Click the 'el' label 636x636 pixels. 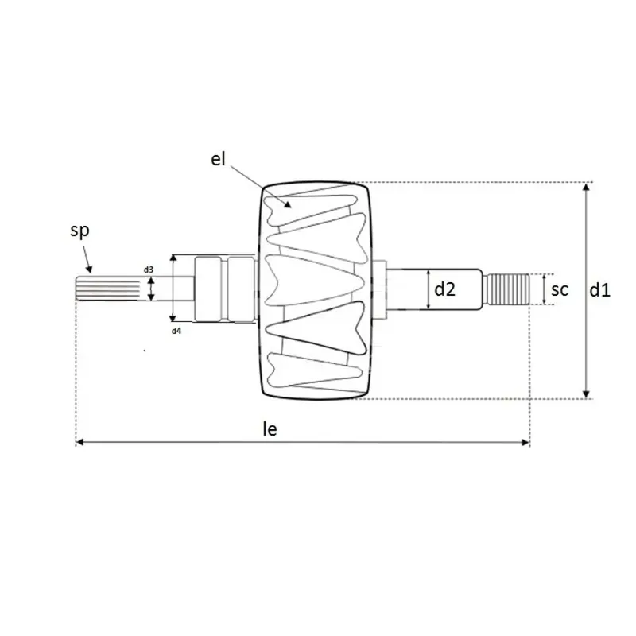click(x=218, y=159)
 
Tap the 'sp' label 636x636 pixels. click(x=79, y=231)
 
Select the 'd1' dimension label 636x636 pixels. click(x=599, y=290)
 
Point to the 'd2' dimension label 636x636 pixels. click(x=444, y=289)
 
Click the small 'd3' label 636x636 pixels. click(x=149, y=270)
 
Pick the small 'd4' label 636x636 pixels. click(x=176, y=331)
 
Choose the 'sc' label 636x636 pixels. click(x=560, y=289)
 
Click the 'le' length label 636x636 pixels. click(x=270, y=429)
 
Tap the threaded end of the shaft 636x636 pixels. click(x=508, y=289)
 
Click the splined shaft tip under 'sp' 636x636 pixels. click(x=107, y=289)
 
